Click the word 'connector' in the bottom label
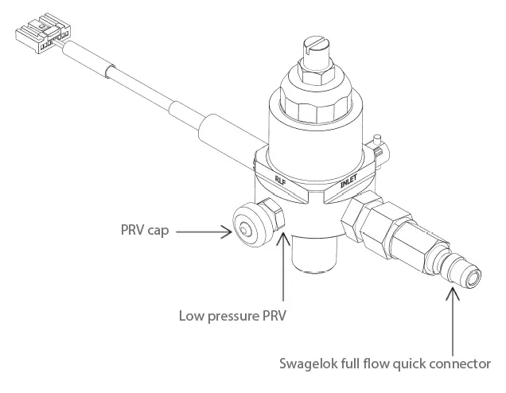pyautogui.click(x=458, y=364)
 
